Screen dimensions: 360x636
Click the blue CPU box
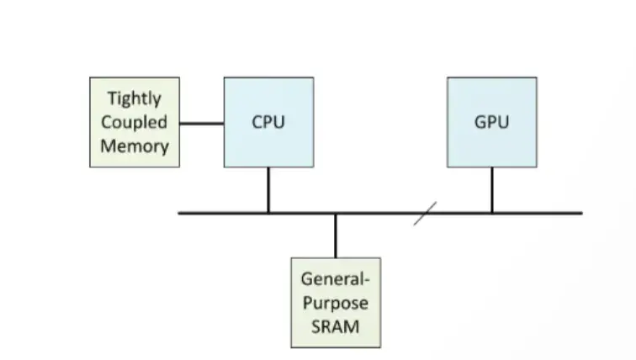[268, 122]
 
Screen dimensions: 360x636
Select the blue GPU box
[491, 122]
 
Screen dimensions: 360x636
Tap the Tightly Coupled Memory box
[135, 122]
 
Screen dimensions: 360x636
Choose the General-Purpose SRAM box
[336, 302]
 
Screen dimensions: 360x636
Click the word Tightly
[135, 99]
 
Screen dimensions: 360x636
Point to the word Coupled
[135, 122]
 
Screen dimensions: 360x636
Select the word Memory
[135, 146]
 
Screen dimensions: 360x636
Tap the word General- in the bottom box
[336, 279]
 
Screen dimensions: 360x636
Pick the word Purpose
[336, 302]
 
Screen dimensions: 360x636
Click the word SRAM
[336, 325]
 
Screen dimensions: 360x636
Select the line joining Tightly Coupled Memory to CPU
[202, 124]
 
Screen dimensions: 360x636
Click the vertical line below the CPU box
[268, 189]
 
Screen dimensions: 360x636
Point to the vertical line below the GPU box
[492, 189]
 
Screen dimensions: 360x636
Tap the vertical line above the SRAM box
[336, 236]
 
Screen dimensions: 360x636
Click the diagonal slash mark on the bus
[426, 214]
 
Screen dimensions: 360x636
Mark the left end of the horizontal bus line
[180, 214]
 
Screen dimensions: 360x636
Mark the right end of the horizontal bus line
[580, 214]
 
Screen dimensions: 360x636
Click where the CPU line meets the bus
[268, 214]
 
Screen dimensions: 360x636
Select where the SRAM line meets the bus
[336, 214]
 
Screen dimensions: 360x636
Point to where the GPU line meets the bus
[492, 214]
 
